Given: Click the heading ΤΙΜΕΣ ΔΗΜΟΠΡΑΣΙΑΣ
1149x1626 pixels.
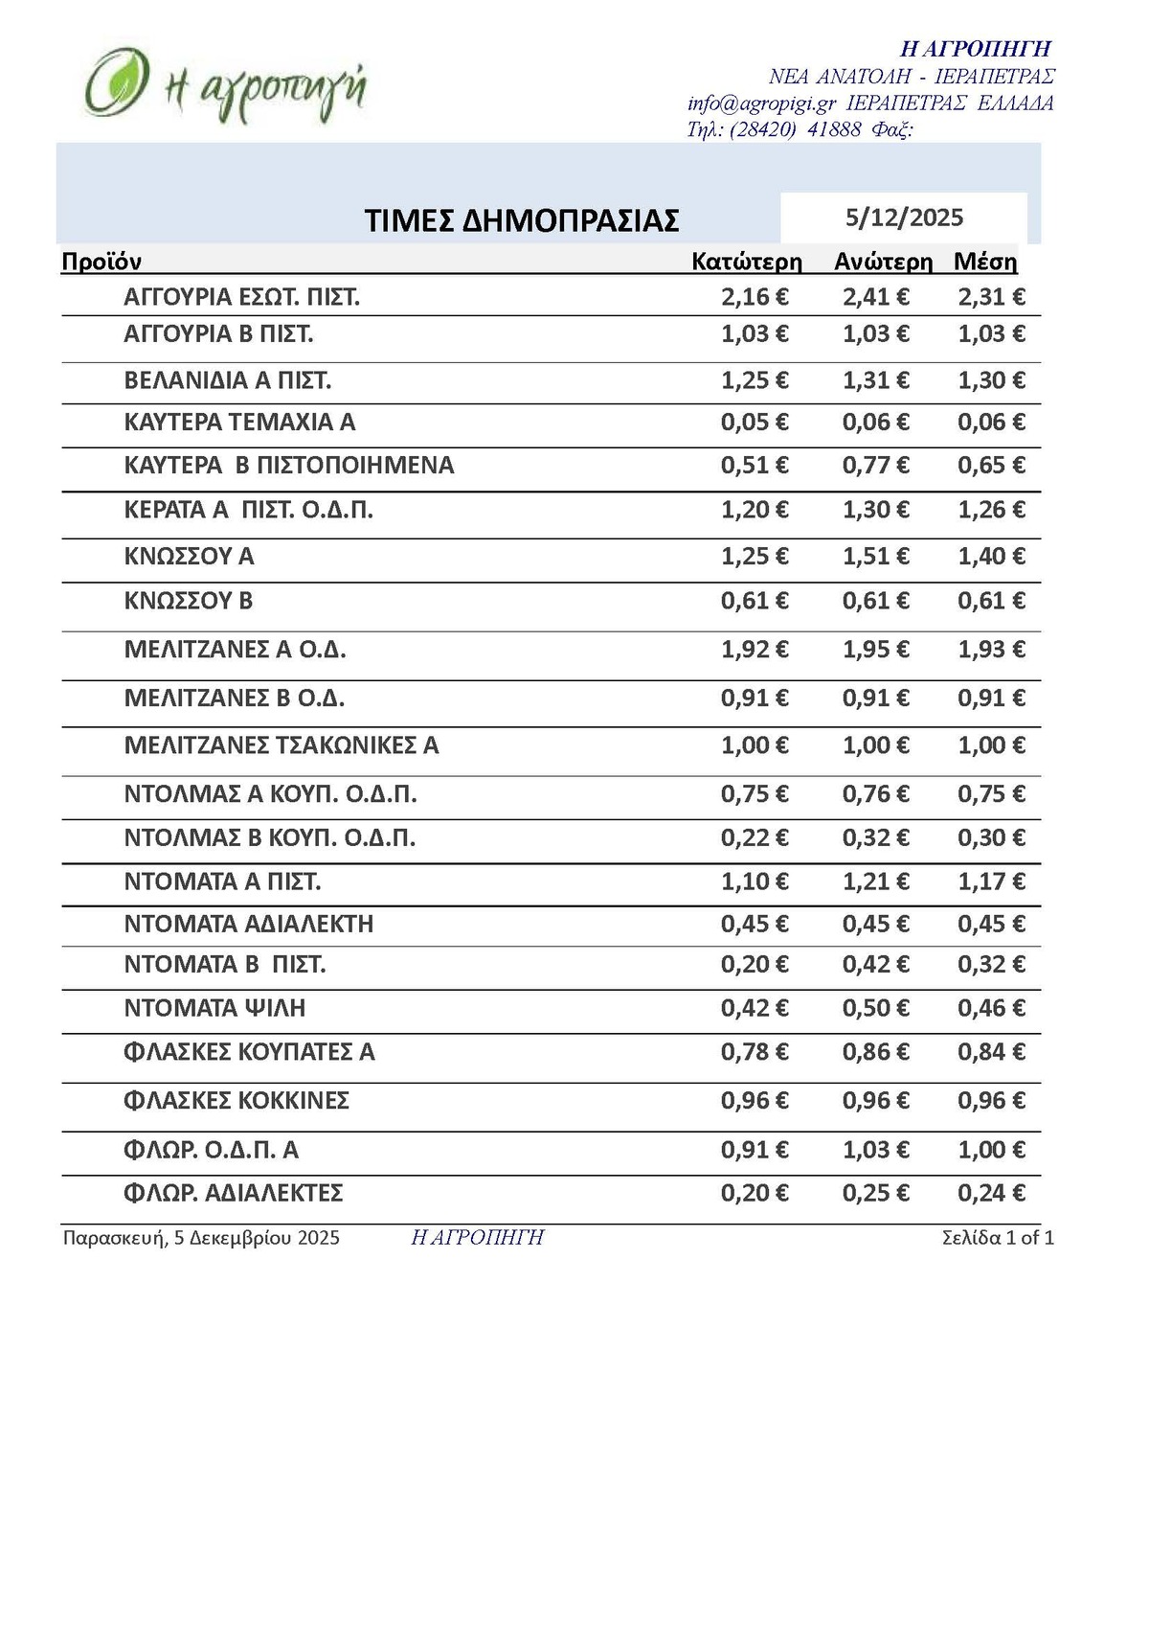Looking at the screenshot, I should (x=522, y=220).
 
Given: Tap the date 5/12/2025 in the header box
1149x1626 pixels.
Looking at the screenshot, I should (x=904, y=218).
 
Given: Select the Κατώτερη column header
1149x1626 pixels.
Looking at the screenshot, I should (x=747, y=262).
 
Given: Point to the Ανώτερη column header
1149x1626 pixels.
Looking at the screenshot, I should (x=883, y=262).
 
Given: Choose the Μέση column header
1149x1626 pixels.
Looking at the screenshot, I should (x=985, y=262).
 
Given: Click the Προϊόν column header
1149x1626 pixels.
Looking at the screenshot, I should (x=101, y=262).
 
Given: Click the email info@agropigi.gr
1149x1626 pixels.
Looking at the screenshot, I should (x=761, y=103).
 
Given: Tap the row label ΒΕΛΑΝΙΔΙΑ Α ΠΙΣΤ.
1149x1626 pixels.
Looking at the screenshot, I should (x=228, y=380).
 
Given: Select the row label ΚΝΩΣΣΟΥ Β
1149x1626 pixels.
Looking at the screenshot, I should (x=189, y=601).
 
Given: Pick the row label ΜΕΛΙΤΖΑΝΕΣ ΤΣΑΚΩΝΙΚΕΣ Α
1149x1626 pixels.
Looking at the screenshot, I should (x=282, y=744).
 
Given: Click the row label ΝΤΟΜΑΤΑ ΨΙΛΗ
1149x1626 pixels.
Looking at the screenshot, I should (x=214, y=1008).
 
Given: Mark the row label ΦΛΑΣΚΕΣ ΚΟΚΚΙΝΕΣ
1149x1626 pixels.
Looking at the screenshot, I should (x=237, y=1100).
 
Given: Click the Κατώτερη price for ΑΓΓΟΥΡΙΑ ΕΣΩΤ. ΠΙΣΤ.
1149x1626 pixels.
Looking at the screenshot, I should (x=755, y=297).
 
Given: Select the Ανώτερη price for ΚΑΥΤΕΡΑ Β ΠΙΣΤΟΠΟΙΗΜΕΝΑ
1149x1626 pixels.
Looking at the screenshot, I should (x=875, y=466).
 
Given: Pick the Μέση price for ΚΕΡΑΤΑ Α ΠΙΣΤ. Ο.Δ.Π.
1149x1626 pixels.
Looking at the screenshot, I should (x=991, y=510).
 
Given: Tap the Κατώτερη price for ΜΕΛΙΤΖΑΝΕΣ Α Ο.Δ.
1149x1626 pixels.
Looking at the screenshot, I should (x=755, y=650).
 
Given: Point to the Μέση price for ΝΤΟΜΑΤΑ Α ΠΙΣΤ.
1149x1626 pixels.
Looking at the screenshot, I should (x=991, y=882).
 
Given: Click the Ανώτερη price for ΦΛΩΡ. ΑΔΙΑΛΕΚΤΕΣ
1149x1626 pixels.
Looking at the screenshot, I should (x=875, y=1193).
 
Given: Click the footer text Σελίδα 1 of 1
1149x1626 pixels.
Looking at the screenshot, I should (x=998, y=1237).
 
